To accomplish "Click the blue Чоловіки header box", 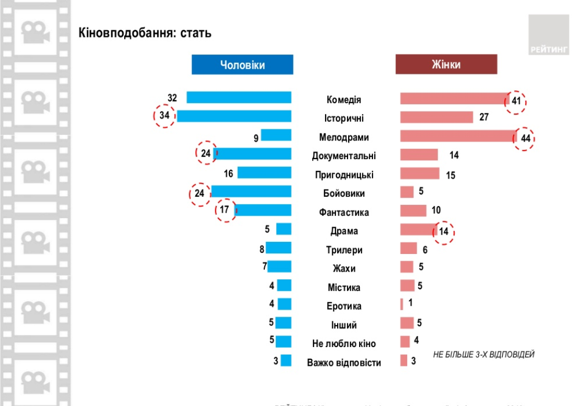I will click(242, 65).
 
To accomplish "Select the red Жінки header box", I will click(446, 65).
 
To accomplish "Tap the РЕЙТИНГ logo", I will click(548, 35).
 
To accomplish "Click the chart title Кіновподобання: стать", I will click(145, 33).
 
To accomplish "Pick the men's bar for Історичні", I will click(233, 116).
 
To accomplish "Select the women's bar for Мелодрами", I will click(457, 136).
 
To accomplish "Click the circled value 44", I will click(525, 138).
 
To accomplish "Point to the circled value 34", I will click(164, 116).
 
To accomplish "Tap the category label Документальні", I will click(344, 156).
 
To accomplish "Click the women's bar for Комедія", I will click(454, 99).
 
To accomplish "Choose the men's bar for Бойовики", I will click(251, 191).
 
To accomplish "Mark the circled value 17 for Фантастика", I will click(225, 210).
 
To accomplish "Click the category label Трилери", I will click(344, 250).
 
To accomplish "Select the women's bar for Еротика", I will click(402, 304).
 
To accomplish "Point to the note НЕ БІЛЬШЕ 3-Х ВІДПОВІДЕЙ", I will click(483, 355).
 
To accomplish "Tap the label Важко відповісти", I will click(344, 363).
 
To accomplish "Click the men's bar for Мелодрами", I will click(276, 135).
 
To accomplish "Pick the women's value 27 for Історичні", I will click(484, 117).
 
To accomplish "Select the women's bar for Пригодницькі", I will click(419, 174).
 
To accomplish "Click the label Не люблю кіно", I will click(344, 344).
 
